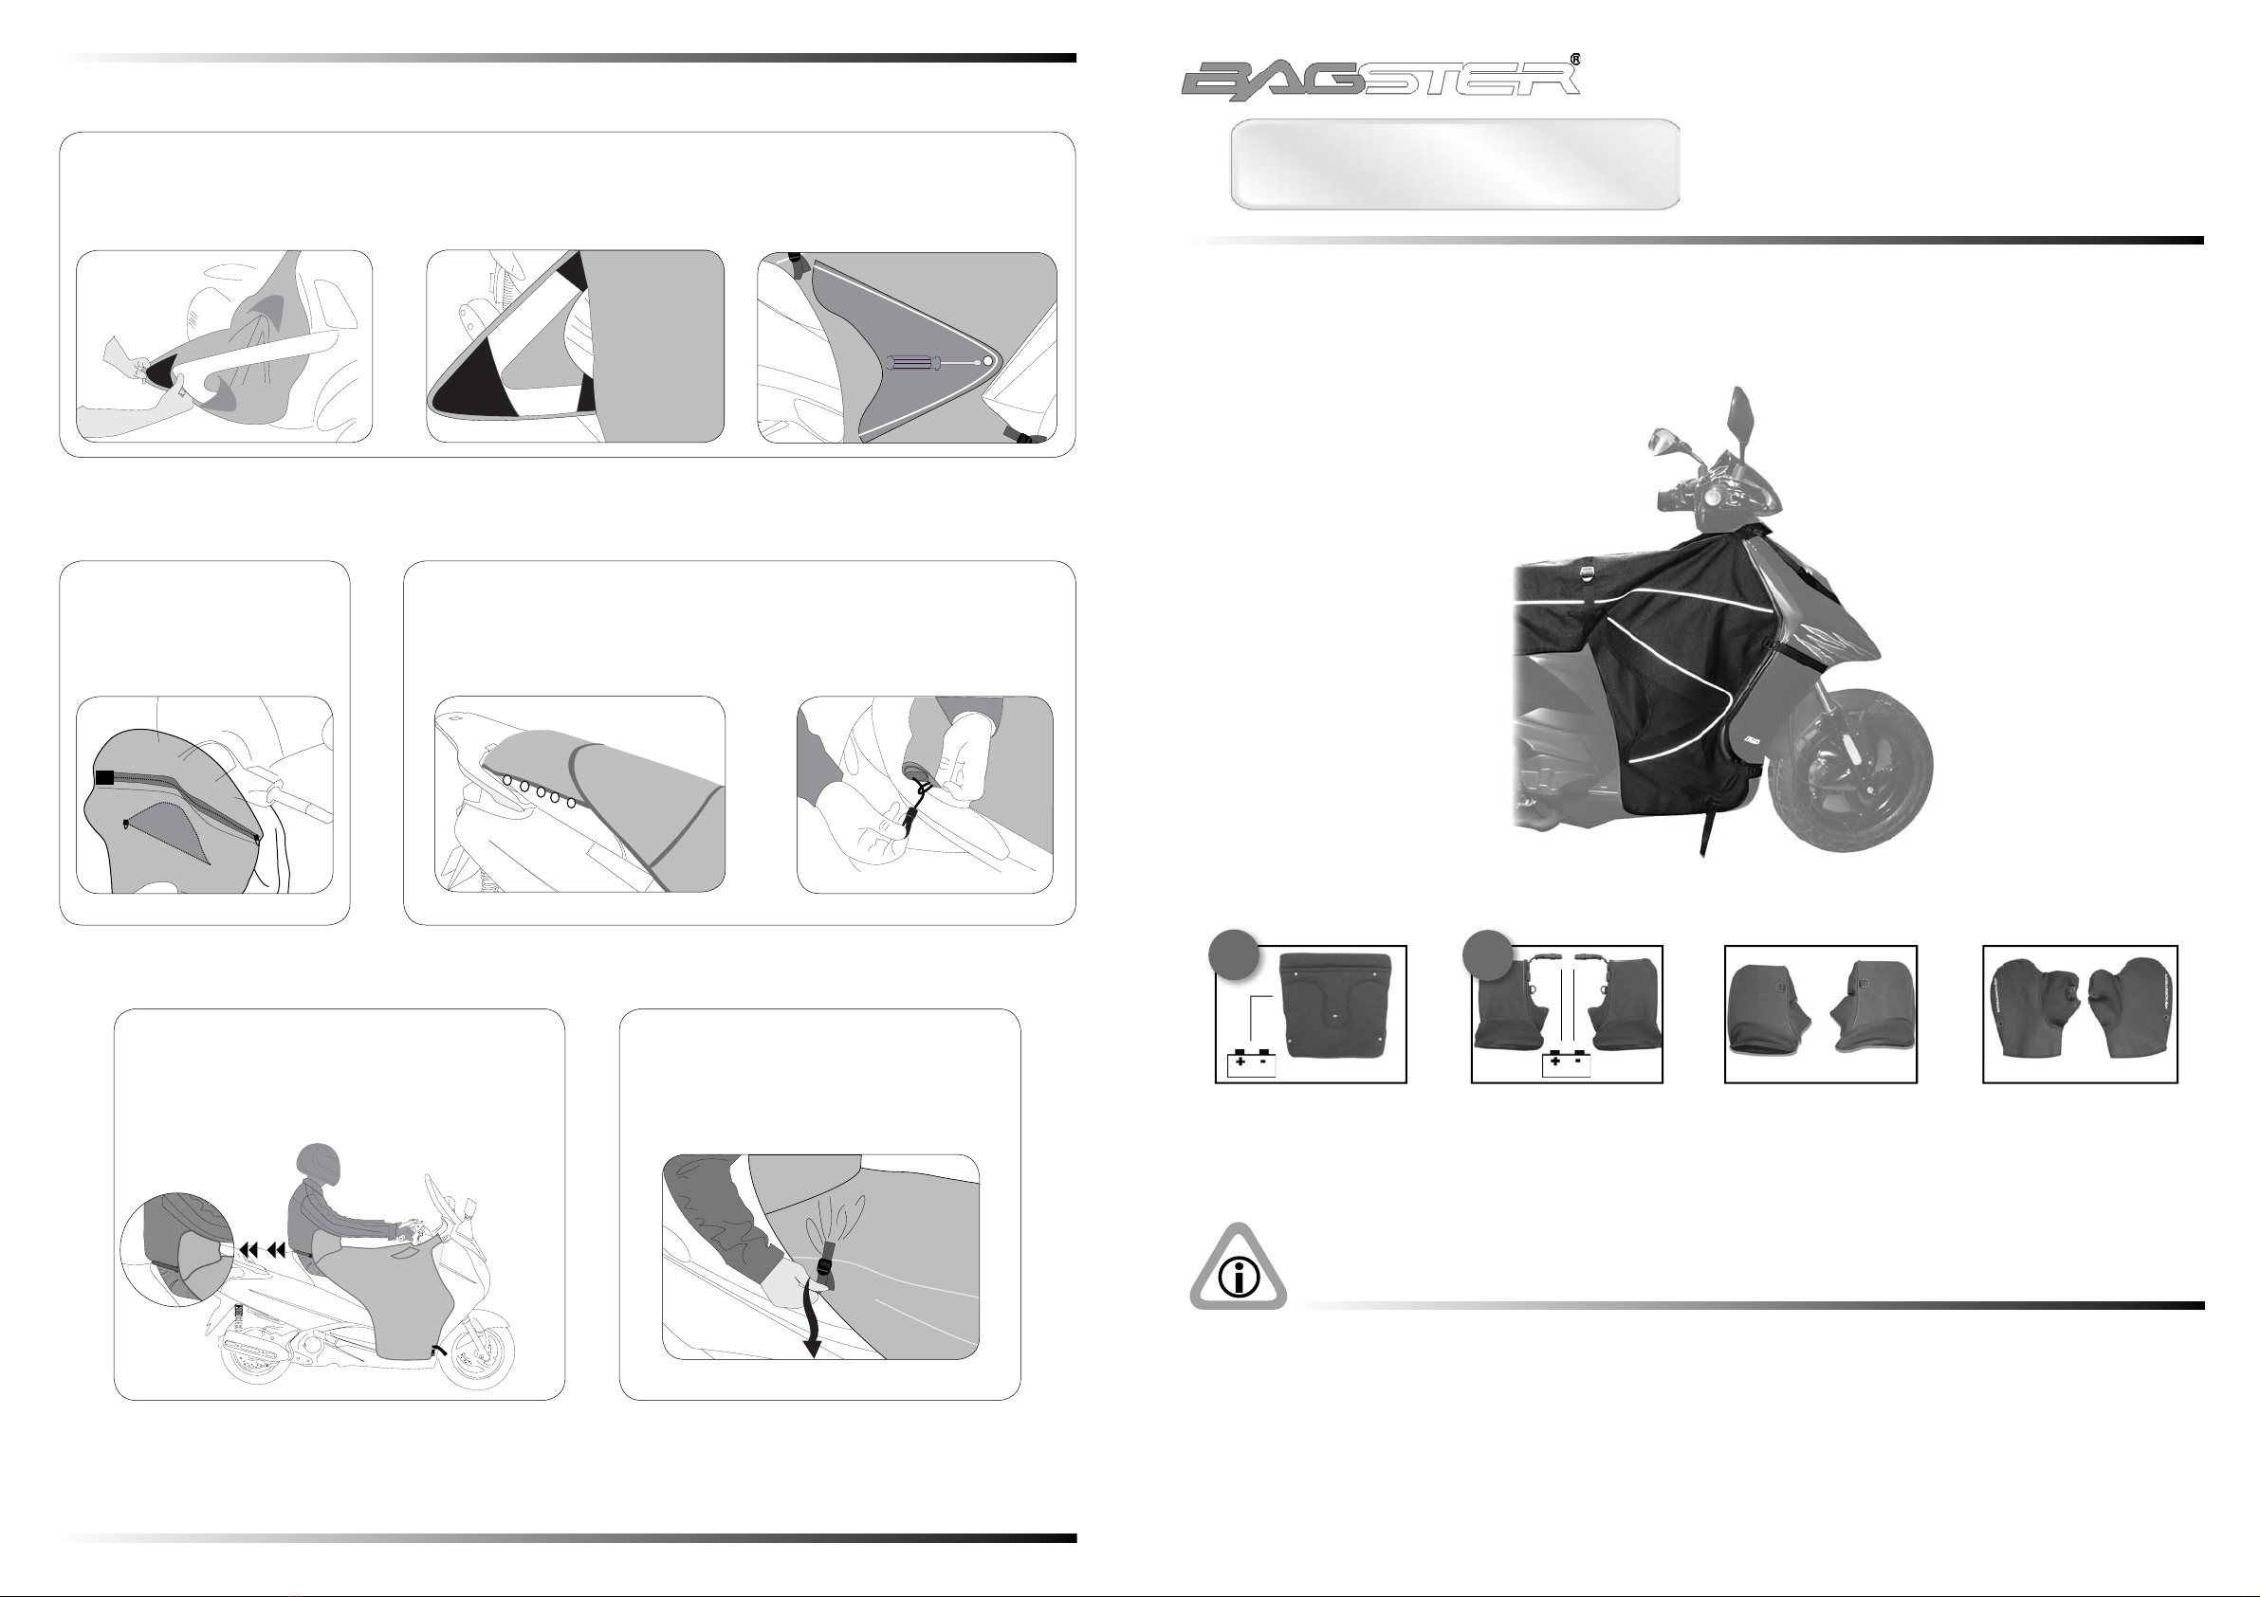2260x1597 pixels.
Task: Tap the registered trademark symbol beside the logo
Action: [1576, 59]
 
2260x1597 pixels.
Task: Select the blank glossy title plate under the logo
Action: [1455, 164]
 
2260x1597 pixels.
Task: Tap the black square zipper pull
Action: [105, 777]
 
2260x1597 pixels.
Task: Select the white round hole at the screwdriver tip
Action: [987, 362]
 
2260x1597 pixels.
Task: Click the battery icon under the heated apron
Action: [1251, 1063]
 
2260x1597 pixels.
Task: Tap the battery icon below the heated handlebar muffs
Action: [1566, 1063]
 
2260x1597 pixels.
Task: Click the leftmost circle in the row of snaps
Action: [508, 779]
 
